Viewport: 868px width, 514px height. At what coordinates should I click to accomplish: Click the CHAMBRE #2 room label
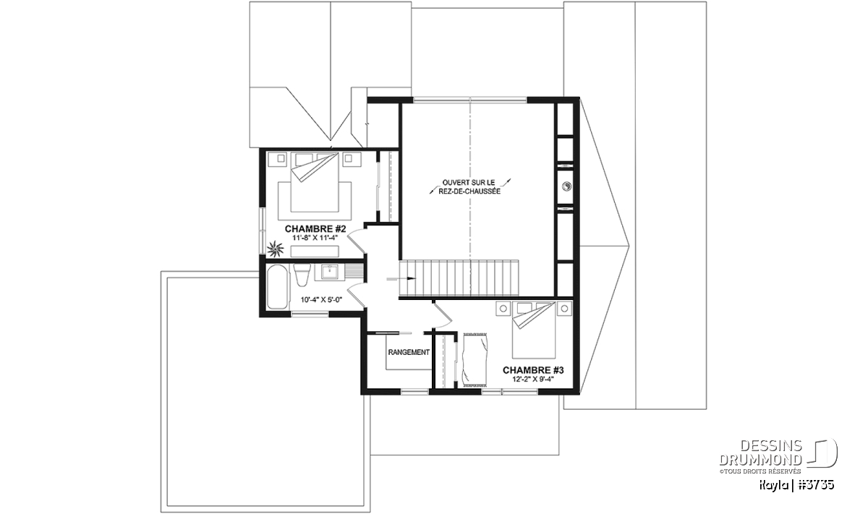tap(315, 228)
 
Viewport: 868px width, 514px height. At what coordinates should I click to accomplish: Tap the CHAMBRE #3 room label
tap(533, 370)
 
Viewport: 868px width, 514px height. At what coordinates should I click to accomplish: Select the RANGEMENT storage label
tap(409, 352)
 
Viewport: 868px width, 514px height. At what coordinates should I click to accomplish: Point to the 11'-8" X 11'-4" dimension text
tap(315, 237)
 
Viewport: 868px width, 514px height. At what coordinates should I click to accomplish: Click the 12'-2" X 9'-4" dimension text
tap(533, 380)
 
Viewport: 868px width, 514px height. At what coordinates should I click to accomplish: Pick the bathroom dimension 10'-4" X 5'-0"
tap(322, 299)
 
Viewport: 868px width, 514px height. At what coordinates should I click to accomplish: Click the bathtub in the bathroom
tap(278, 286)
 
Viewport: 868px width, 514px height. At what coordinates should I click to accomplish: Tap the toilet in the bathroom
tap(302, 275)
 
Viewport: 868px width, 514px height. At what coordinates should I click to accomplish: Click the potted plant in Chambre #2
tap(276, 248)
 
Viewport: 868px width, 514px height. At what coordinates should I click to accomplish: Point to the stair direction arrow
tap(401, 278)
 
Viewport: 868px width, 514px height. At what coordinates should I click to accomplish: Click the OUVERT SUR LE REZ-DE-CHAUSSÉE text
tap(469, 187)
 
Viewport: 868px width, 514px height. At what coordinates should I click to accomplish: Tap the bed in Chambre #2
tap(315, 182)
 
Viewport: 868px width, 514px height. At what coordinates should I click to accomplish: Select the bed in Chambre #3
tap(534, 330)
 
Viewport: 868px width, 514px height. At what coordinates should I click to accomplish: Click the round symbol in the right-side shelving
tap(566, 187)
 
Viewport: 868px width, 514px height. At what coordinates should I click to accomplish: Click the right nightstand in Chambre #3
tap(564, 309)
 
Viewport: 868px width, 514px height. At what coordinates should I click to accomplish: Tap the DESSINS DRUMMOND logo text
tap(760, 453)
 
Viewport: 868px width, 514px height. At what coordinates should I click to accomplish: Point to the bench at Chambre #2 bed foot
tap(315, 251)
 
